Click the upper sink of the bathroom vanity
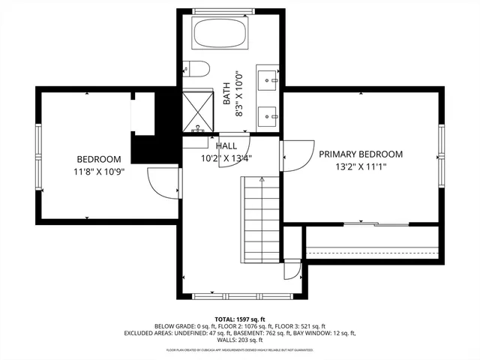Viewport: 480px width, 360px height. click(269, 78)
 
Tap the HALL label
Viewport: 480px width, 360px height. click(226, 145)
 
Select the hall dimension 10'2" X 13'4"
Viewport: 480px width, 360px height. click(226, 158)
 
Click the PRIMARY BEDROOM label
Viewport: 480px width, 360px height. click(361, 154)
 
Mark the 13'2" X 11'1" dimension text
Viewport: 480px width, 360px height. click(361, 168)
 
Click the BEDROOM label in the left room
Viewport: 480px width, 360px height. click(99, 159)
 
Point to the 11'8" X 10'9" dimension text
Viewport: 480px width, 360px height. click(99, 172)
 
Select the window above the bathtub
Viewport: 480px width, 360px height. click(231, 10)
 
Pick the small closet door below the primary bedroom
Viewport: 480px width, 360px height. click(292, 269)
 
